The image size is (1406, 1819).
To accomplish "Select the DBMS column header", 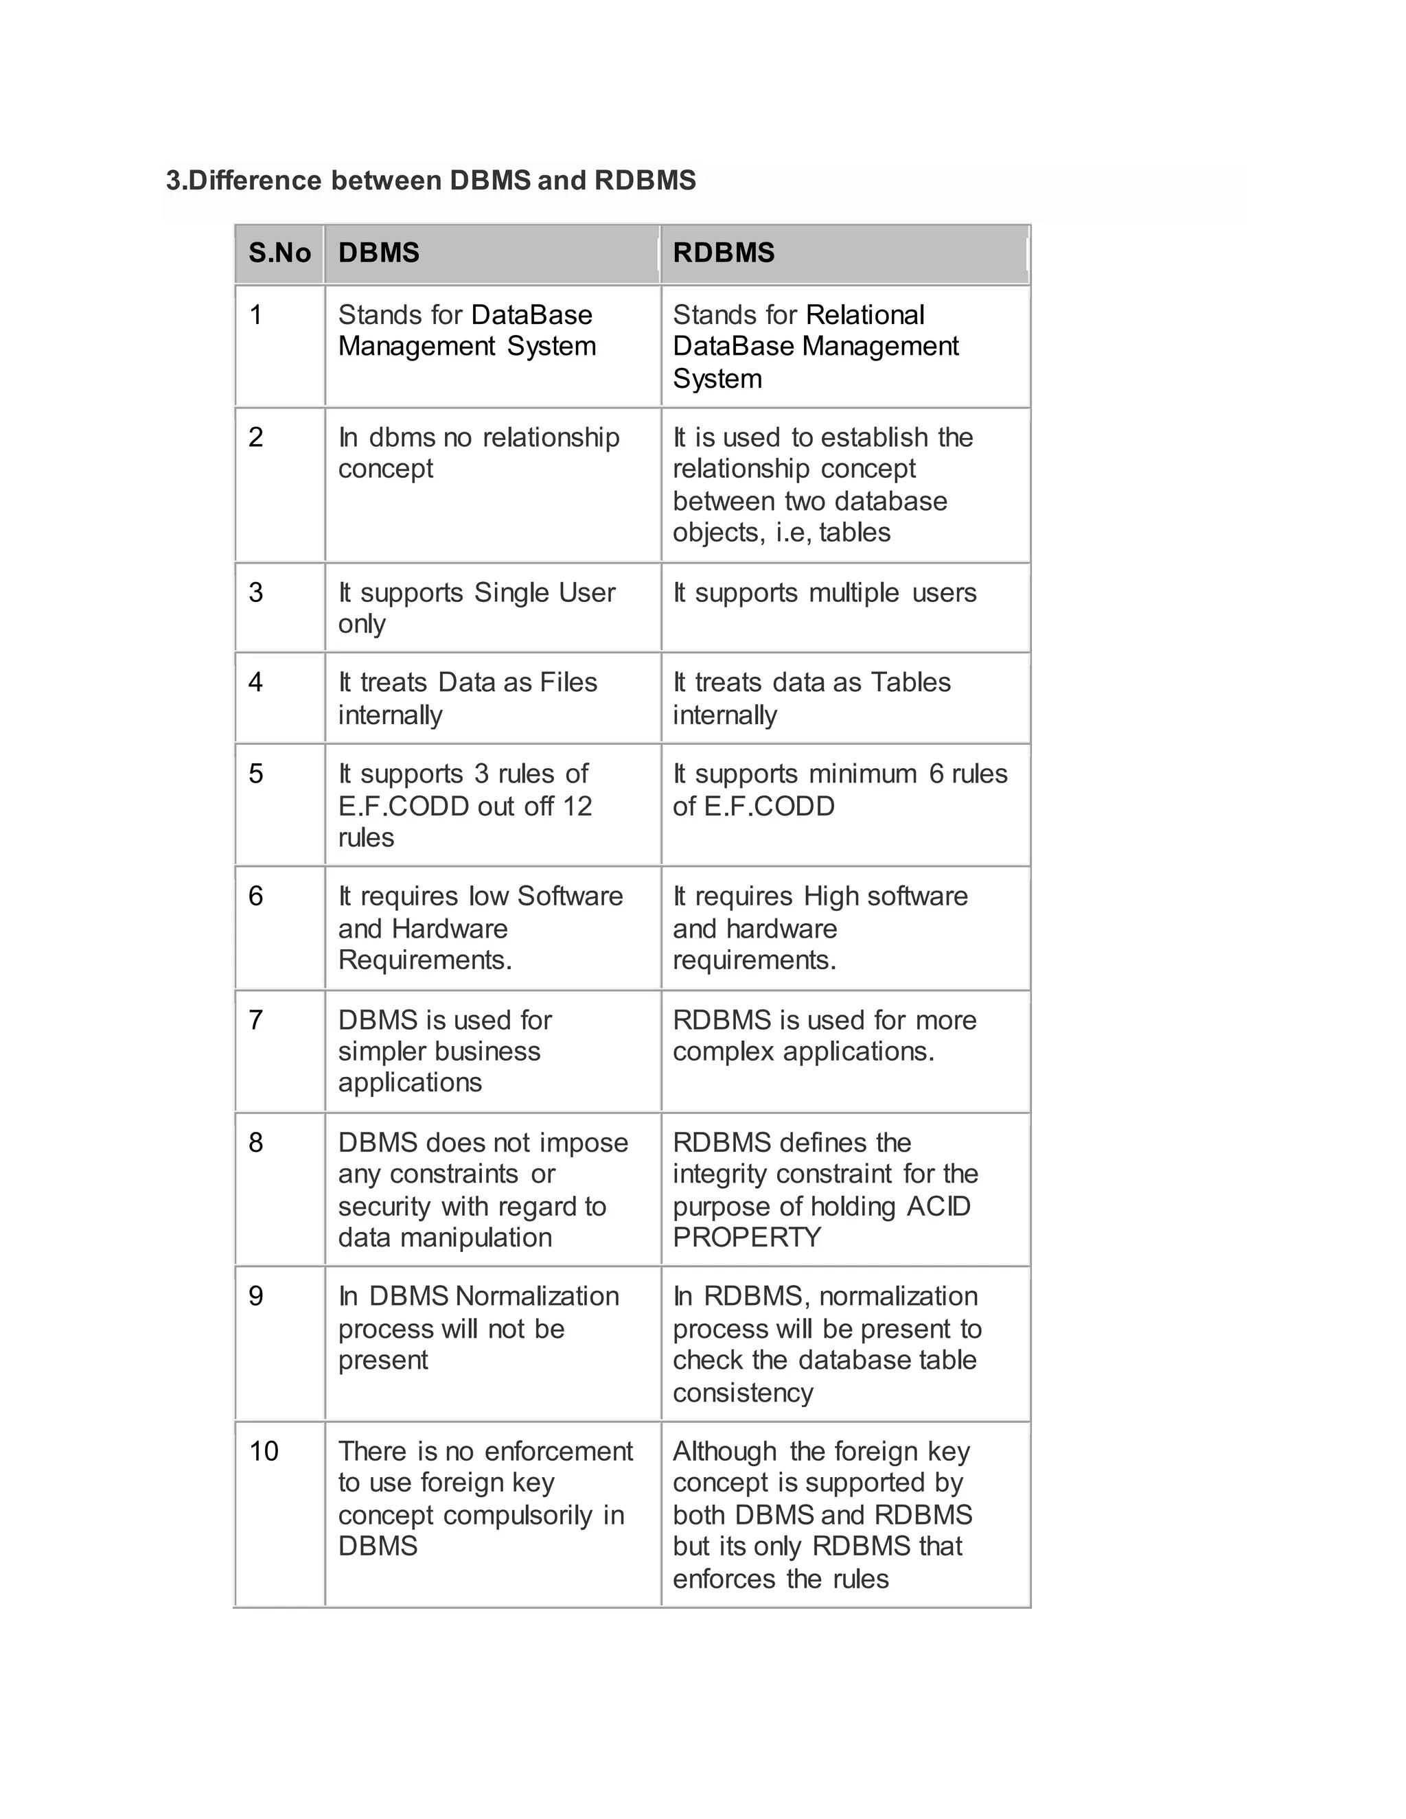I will click(379, 253).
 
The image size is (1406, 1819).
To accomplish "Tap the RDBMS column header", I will click(723, 253).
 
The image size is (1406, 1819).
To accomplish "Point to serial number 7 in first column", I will click(255, 1019).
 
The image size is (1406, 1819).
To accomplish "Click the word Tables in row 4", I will click(910, 682).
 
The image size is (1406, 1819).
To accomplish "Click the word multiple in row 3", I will click(854, 593).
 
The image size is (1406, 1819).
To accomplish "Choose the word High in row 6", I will click(831, 896).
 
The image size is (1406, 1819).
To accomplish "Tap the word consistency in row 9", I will click(742, 1392).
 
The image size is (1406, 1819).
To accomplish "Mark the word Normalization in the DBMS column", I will click(538, 1296).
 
